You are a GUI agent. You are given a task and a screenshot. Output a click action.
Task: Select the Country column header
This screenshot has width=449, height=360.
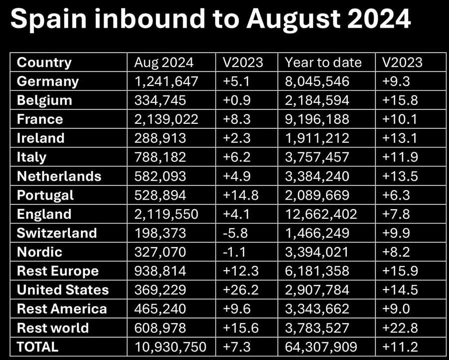click(44, 62)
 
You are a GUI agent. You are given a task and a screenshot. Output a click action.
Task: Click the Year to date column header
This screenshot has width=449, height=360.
click(323, 62)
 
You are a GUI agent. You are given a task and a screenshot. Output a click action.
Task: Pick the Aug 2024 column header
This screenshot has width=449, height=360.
click(164, 62)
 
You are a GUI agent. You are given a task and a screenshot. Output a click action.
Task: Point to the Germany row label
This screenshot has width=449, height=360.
click(48, 81)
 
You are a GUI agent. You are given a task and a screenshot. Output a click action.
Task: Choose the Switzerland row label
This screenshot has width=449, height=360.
click(57, 233)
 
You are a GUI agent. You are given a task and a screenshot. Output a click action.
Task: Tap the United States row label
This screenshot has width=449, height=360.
click(62, 290)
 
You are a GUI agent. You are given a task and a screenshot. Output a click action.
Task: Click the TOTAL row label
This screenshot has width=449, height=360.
click(37, 347)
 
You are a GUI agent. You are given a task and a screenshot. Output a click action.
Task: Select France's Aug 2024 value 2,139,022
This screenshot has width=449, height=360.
click(166, 119)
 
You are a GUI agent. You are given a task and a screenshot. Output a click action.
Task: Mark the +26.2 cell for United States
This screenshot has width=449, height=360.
click(239, 290)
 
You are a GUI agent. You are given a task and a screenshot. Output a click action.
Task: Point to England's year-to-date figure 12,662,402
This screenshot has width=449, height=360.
click(321, 214)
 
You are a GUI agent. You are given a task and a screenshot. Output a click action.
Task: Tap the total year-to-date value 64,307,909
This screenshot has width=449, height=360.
click(321, 347)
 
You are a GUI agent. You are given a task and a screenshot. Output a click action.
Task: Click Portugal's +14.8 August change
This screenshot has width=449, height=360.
click(239, 195)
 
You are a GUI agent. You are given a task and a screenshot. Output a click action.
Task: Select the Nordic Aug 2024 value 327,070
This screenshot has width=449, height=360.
click(160, 252)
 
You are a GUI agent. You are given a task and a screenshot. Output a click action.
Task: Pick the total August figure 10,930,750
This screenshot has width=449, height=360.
click(170, 347)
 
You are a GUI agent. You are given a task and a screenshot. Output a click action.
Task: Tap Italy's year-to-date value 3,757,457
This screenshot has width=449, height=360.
click(317, 157)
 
